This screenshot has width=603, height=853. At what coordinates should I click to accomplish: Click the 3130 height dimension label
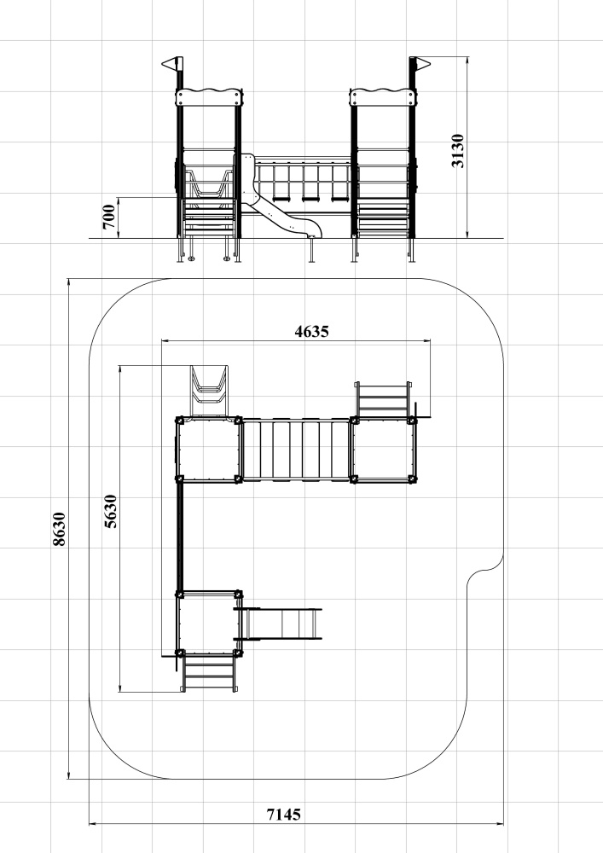coord(458,151)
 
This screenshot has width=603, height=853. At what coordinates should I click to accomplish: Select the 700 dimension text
coord(109,217)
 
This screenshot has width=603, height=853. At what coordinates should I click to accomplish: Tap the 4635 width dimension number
coord(311,331)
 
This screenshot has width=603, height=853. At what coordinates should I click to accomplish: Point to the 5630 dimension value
coord(110,511)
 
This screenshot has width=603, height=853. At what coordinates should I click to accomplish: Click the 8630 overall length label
coord(59,528)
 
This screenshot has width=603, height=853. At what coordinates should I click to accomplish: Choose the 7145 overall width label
coord(283,815)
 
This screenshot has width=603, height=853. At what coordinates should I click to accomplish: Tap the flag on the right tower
coord(420,65)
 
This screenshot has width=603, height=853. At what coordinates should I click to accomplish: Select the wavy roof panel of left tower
coord(208,97)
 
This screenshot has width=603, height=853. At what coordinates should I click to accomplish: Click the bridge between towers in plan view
coord(295,450)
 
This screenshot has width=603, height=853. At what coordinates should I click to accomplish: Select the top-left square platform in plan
coord(208,450)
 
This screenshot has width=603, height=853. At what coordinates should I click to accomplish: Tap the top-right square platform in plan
coord(383,450)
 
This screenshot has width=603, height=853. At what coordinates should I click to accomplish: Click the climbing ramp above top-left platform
coord(209,392)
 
